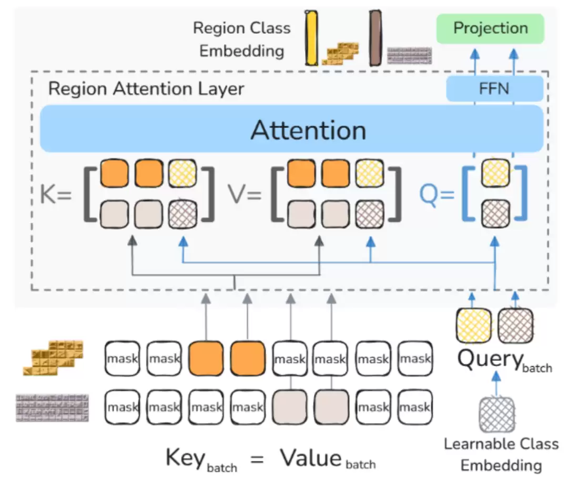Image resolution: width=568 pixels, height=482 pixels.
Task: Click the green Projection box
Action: tap(490, 28)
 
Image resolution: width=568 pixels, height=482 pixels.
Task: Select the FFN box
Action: tap(494, 88)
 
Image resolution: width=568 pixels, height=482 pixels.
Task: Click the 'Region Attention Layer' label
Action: tap(146, 88)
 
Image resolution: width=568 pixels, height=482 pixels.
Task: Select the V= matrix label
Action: tap(245, 195)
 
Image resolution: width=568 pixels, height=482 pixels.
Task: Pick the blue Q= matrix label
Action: tap(436, 195)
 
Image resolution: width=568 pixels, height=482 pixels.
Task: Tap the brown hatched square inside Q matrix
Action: tap(495, 213)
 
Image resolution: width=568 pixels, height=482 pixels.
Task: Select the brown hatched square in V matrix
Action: tap(369, 213)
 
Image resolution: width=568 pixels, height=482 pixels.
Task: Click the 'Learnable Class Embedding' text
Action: tap(501, 454)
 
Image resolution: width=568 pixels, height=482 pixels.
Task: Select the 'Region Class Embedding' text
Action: tap(242, 39)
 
